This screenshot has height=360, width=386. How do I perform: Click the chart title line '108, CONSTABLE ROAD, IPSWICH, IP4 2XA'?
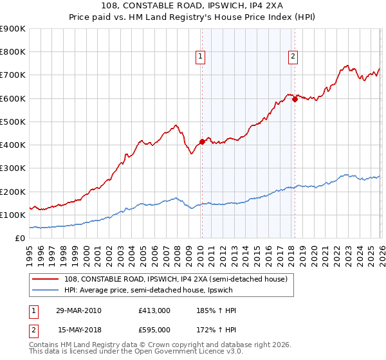(193, 6)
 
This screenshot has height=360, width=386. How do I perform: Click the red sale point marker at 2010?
(202, 141)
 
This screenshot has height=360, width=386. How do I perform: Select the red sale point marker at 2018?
(294, 99)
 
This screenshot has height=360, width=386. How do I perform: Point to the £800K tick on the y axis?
(13, 52)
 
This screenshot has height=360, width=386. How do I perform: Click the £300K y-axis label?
(13, 168)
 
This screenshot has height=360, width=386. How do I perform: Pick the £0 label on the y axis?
(19, 238)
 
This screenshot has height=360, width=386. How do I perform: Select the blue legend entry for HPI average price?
(161, 290)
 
